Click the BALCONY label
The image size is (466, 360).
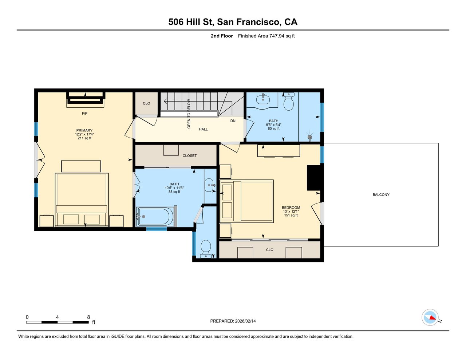click(381, 195)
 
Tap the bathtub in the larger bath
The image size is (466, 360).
click(155, 217)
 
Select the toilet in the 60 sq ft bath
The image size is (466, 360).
click(289, 102)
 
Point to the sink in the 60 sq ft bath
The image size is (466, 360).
click(263, 99)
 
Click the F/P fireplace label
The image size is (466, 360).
click(85, 114)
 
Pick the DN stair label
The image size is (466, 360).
click(233, 121)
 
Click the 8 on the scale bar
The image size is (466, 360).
click(88, 317)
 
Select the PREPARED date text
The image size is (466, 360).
click(233, 321)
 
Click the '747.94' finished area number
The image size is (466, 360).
click(277, 36)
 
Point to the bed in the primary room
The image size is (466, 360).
click(82, 200)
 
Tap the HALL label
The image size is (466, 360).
click(203, 129)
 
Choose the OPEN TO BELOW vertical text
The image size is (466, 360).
click(189, 114)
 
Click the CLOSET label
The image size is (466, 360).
click(190, 156)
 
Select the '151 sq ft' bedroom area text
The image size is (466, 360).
click(291, 215)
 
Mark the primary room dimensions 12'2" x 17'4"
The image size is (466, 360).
click(84, 134)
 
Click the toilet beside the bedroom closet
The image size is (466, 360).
click(206, 249)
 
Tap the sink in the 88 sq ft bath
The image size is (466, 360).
click(210, 185)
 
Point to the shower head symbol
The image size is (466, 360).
click(310, 138)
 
